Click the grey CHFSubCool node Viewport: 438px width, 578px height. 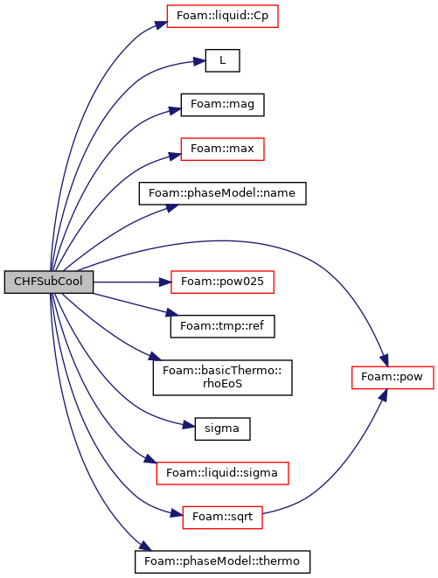pyautogui.click(x=49, y=282)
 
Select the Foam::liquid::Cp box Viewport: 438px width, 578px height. pyautogui.click(x=222, y=17)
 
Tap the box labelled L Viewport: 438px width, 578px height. pyautogui.click(x=223, y=60)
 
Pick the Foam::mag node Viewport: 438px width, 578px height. pyautogui.click(x=222, y=105)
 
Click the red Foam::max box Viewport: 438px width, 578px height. pyautogui.click(x=222, y=149)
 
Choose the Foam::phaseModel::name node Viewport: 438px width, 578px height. pyautogui.click(x=222, y=193)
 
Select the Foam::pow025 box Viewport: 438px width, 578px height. pyautogui.click(x=222, y=282)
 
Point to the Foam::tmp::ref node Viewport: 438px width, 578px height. pyautogui.click(x=222, y=326)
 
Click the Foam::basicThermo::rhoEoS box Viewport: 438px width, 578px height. pyautogui.click(x=223, y=378)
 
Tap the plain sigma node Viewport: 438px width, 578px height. pyautogui.click(x=222, y=428)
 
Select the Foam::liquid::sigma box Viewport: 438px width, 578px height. pyautogui.click(x=222, y=473)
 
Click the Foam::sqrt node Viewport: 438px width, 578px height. pyautogui.click(x=222, y=518)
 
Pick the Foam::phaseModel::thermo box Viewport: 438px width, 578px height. pyautogui.click(x=222, y=561)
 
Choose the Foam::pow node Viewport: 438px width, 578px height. pyautogui.click(x=393, y=378)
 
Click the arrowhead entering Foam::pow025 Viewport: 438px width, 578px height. pyautogui.click(x=165, y=282)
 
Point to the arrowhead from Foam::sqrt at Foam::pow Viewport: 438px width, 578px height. pyautogui.click(x=383, y=394)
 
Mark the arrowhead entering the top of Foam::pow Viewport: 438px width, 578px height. pyautogui.click(x=385, y=360)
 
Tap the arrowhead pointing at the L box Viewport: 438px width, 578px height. pyautogui.click(x=199, y=61)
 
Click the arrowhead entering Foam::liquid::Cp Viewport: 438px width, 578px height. pyautogui.click(x=161, y=24)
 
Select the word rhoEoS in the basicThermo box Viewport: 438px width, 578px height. pyautogui.click(x=222, y=384)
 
